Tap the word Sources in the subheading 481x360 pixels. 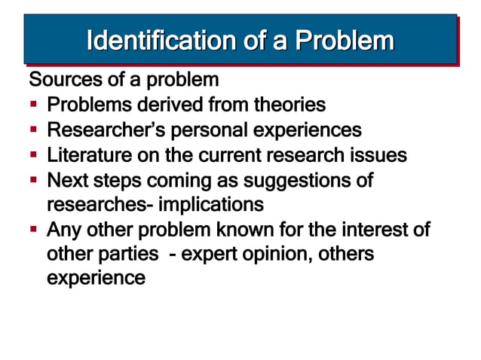click(x=60, y=79)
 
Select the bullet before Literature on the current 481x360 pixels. click(x=35, y=156)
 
